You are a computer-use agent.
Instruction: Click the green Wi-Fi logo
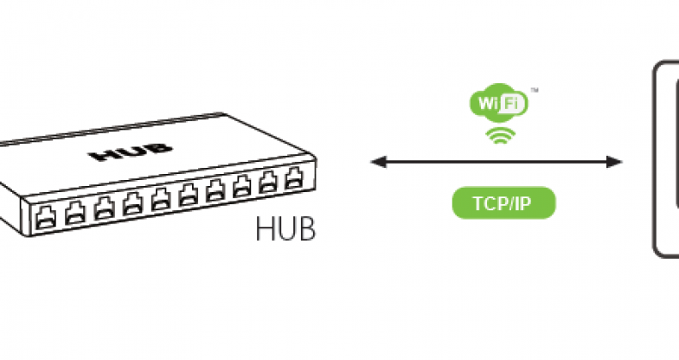(496, 103)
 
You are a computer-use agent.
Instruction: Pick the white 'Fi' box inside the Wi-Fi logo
(512, 103)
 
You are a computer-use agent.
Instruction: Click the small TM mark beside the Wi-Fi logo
(535, 90)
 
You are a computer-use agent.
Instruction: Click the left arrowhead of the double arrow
(375, 161)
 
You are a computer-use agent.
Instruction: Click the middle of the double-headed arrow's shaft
(496, 161)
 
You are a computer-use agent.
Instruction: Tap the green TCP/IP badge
(503, 204)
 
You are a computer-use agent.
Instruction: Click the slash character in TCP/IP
(508, 204)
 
